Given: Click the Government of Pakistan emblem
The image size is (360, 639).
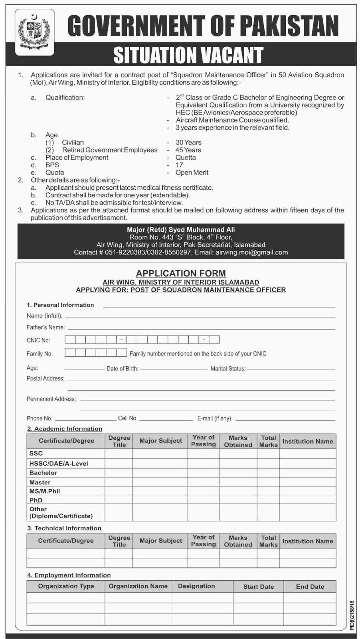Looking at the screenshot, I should point(34,32).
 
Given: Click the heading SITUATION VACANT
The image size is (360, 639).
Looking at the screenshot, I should point(188,55).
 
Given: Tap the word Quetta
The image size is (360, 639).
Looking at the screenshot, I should point(186,157).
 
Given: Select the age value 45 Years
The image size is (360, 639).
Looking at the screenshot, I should point(188,150).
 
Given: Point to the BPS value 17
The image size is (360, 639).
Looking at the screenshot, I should point(179,165).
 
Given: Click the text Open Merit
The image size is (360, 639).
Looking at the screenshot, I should point(192,173).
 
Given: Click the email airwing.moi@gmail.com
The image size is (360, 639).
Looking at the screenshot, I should point(251,252).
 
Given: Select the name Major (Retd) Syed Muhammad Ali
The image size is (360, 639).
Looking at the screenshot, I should point(181,230).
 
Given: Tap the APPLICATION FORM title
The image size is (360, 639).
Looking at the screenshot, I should point(181,274).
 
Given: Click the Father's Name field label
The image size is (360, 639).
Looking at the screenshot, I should point(45,327).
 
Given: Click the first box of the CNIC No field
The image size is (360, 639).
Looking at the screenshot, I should point(70,340).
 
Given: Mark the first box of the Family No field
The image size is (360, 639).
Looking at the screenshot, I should point(70,353).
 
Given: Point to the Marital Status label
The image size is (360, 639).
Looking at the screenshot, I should point(228,369).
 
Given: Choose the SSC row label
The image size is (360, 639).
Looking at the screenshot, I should point(36,453).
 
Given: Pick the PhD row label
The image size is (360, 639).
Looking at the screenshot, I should point(36,500).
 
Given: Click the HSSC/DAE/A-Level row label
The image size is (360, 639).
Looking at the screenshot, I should point(59,463).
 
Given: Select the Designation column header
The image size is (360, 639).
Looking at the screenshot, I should point(196,586).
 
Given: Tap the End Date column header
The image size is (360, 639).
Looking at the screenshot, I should point(310,587).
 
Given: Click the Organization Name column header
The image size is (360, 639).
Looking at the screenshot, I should point(138,586).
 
